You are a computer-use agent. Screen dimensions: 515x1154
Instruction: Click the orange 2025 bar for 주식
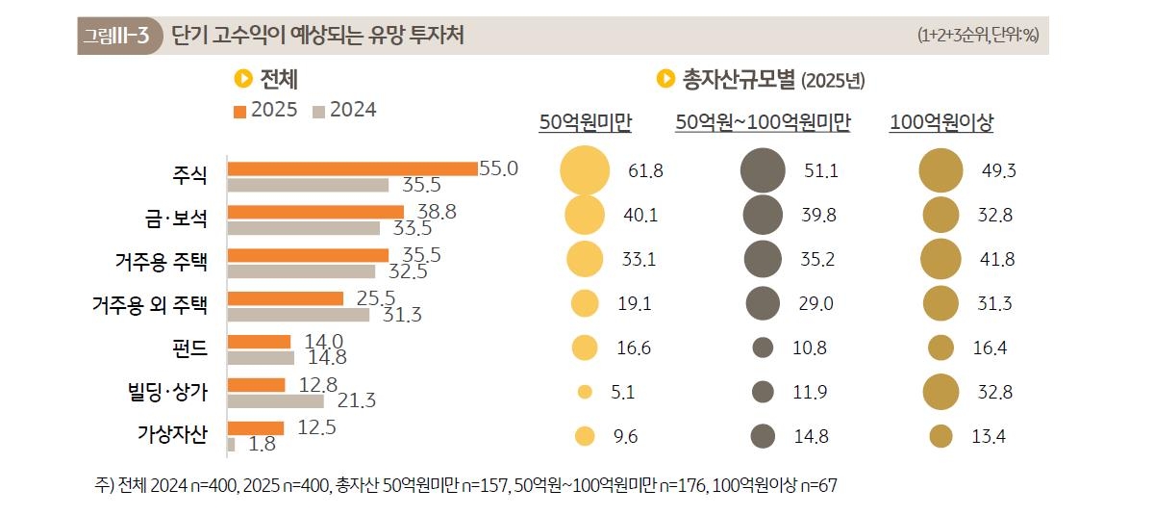[352, 168]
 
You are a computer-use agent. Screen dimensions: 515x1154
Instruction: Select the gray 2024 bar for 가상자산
[232, 444]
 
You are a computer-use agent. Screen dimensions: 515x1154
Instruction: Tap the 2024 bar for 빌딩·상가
[275, 400]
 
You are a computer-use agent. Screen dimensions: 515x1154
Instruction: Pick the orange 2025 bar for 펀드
[259, 342]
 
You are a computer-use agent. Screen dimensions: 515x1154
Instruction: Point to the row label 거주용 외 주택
[149, 305]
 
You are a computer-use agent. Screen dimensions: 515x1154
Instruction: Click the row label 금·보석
[170, 218]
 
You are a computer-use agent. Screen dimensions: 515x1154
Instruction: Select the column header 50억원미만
[585, 122]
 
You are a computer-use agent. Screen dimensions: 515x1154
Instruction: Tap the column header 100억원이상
[941, 122]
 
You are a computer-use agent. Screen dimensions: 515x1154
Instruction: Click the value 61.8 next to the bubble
[645, 171]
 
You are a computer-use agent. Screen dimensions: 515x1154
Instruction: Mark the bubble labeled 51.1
[764, 170]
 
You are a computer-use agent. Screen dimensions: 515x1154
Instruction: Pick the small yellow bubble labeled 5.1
[585, 392]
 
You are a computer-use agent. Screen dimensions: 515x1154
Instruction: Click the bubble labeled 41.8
[941, 259]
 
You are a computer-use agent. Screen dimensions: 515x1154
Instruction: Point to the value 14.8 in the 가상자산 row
[812, 436]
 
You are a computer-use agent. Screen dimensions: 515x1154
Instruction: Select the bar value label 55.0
[498, 168]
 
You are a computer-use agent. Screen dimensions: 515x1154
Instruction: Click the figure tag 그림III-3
[115, 37]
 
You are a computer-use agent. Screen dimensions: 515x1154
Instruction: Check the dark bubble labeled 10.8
[764, 348]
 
